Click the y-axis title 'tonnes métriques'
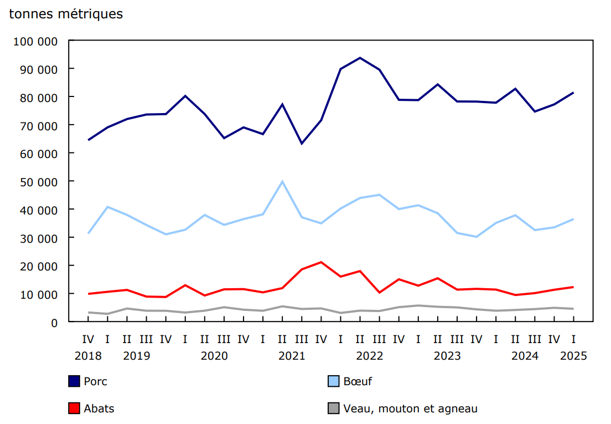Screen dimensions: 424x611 click(66, 14)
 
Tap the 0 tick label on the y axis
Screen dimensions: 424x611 click(54, 322)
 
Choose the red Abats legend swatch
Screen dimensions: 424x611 click(74, 408)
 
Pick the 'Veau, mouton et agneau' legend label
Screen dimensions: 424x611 click(410, 408)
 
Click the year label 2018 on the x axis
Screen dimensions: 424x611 click(88, 356)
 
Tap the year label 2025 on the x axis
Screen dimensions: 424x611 click(573, 356)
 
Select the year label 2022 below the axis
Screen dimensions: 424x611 click(370, 356)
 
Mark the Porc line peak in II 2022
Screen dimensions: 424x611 click(360, 58)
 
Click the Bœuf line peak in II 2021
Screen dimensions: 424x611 click(282, 181)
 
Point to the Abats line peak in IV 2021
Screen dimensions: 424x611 click(321, 262)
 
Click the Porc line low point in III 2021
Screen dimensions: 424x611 click(302, 144)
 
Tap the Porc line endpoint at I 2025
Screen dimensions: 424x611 click(573, 93)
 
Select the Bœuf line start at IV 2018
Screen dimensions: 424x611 click(88, 233)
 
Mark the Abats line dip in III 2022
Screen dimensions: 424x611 click(379, 293)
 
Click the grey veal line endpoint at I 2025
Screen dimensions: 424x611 click(573, 309)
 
